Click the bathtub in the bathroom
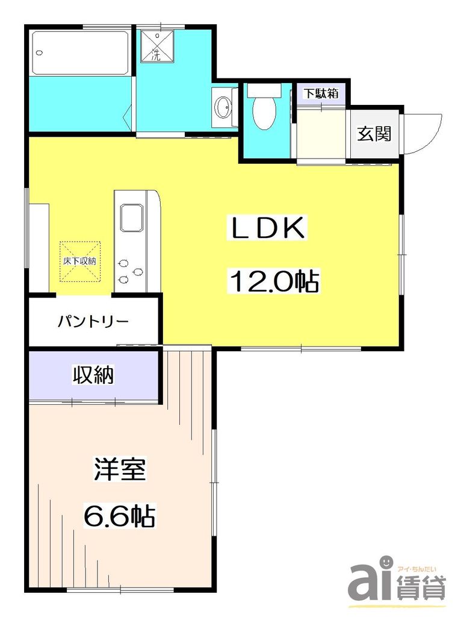point(81,52)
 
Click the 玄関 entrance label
point(374,134)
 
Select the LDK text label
point(267,228)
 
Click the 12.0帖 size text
point(273,280)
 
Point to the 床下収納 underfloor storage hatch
point(79,261)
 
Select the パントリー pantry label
point(93,321)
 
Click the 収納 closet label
point(93,375)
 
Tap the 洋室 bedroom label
point(120,470)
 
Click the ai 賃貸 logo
point(398,581)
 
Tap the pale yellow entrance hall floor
point(323,131)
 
